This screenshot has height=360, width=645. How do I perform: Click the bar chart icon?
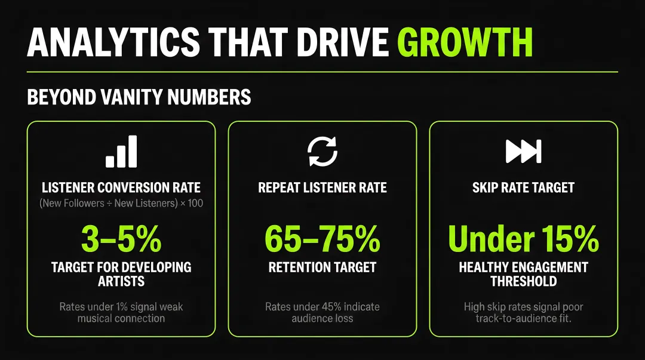click(121, 152)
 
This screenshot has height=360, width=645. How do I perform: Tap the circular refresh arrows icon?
click(322, 152)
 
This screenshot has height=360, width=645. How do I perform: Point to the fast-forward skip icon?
click(524, 152)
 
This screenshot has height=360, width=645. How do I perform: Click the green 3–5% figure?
click(121, 239)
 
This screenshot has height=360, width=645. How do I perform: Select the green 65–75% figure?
click(322, 239)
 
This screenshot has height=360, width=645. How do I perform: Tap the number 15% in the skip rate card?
click(570, 239)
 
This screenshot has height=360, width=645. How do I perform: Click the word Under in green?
click(491, 239)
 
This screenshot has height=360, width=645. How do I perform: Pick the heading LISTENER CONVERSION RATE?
click(121, 187)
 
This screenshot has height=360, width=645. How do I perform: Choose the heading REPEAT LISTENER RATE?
click(322, 187)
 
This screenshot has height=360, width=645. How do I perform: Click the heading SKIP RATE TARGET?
click(523, 187)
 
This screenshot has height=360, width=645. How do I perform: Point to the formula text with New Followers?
click(121, 203)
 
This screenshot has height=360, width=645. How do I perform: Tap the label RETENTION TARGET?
click(322, 267)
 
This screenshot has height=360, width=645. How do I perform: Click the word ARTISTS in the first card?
click(121, 281)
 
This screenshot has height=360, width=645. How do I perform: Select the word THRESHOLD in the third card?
click(524, 281)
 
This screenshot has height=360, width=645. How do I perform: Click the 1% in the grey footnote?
click(122, 307)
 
